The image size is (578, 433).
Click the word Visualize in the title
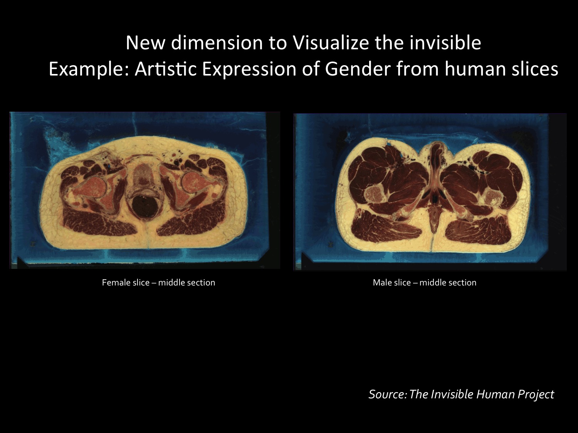[x=331, y=43]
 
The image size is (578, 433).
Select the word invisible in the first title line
[x=445, y=43]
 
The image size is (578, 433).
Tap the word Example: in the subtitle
[x=89, y=69]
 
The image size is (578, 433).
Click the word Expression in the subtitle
[x=249, y=69]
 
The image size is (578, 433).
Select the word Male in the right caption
[x=382, y=282]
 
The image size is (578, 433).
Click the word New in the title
[x=145, y=43]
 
